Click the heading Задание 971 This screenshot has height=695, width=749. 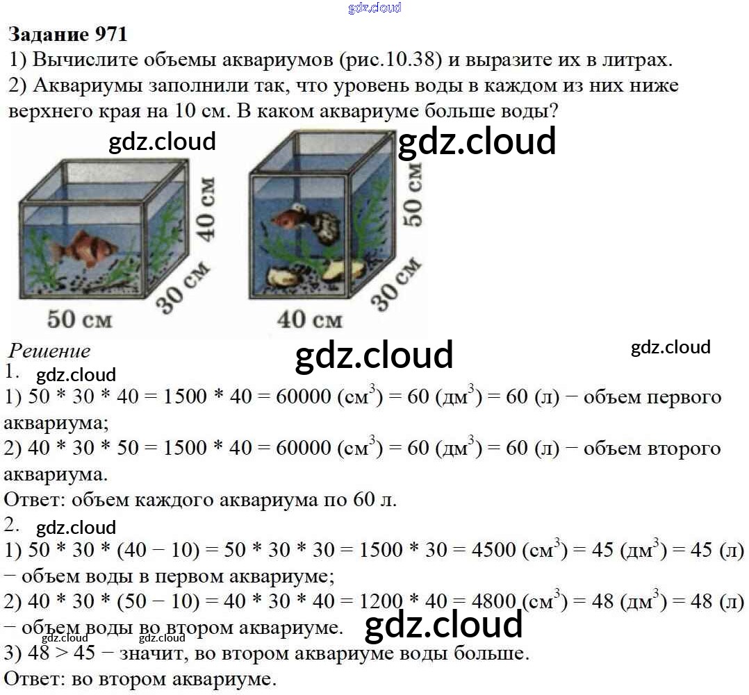[x=68, y=35]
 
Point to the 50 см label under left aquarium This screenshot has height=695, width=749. [x=79, y=319]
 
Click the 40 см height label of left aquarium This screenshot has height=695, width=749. [x=206, y=209]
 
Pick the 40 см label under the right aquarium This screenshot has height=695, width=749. [x=310, y=319]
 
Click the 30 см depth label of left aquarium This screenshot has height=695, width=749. [x=183, y=287]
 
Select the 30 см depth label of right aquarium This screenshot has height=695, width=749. [x=396, y=284]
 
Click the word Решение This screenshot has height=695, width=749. [x=49, y=351]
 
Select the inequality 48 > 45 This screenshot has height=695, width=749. [x=62, y=653]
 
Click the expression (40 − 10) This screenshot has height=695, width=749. [x=158, y=550]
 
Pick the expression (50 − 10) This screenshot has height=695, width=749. [x=158, y=601]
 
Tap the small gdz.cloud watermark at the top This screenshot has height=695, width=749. [x=374, y=8]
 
